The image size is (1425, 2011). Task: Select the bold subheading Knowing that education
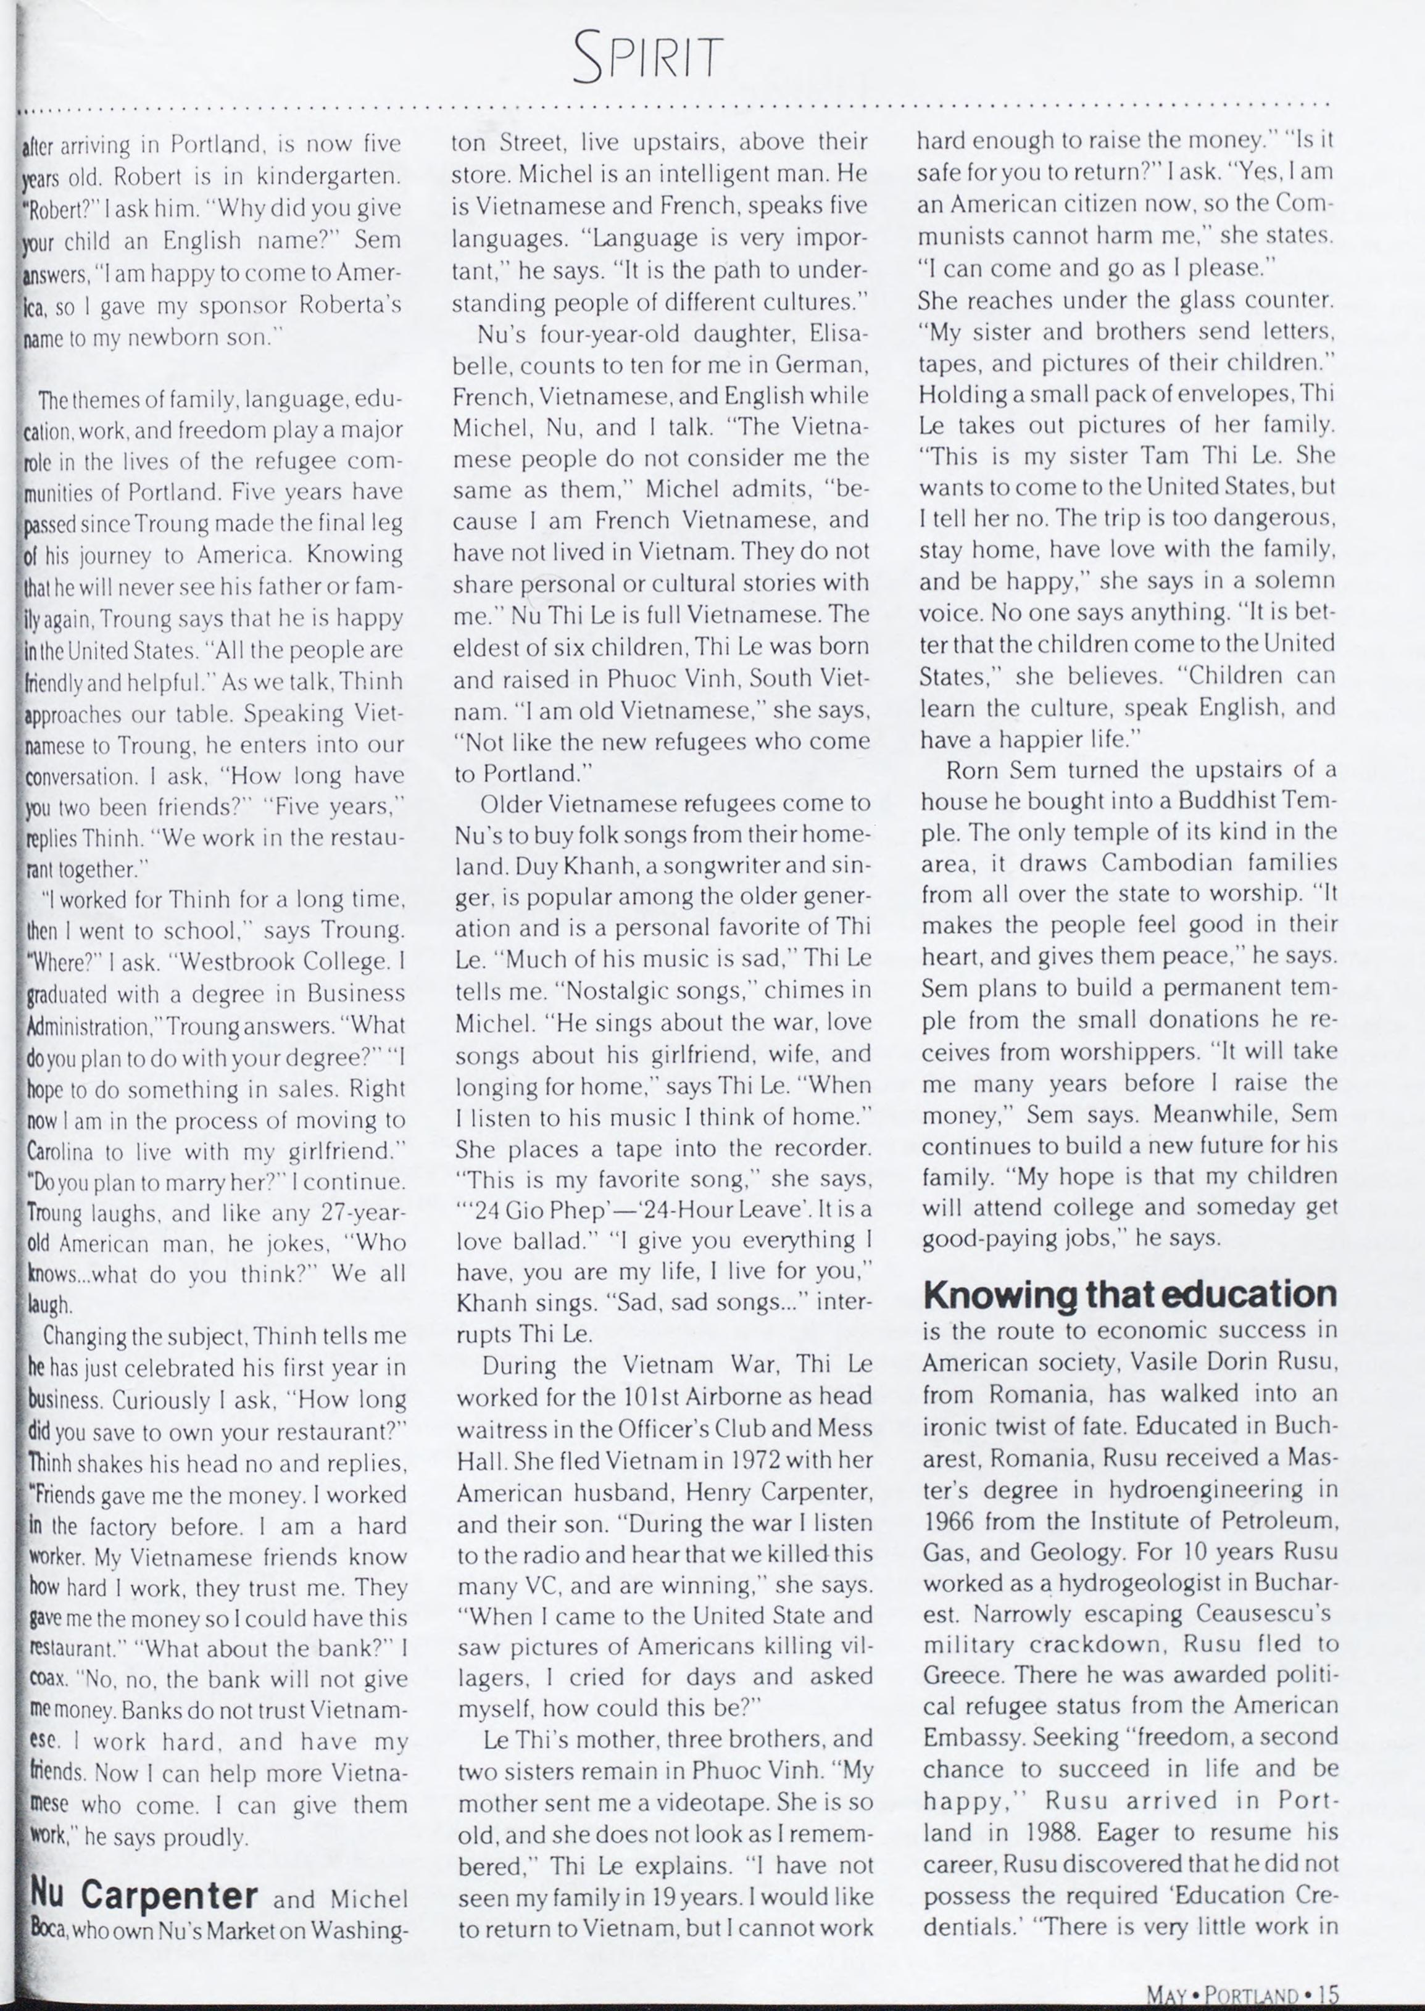coord(1130,1293)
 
